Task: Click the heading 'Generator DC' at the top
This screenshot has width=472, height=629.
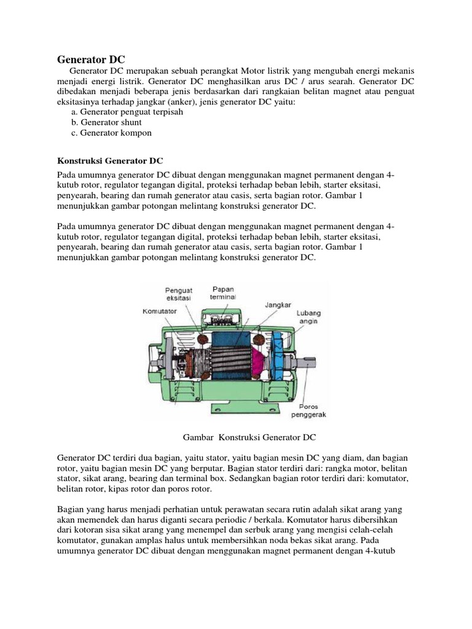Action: coord(91,60)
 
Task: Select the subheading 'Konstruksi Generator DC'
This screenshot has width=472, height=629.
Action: coord(110,161)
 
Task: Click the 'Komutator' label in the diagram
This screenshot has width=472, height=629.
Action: coord(160,311)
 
